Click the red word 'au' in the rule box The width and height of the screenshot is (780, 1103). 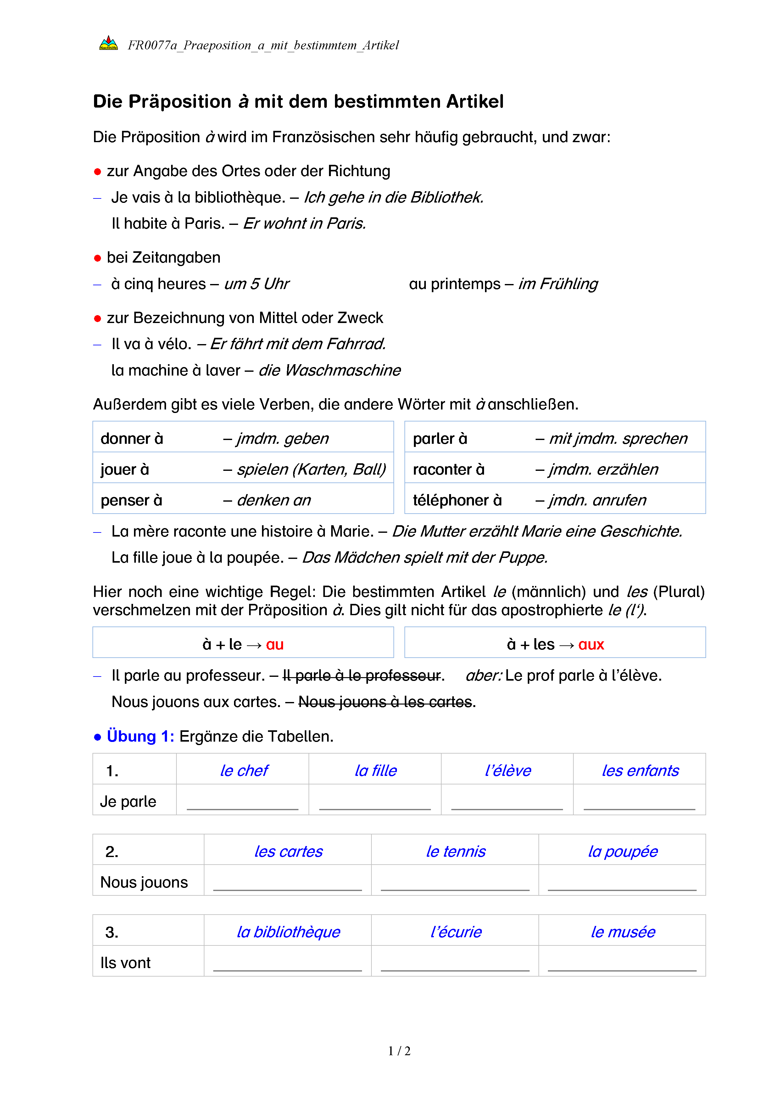pos(275,644)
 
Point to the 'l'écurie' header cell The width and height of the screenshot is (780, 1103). pos(455,932)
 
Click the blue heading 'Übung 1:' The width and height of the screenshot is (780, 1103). pos(140,736)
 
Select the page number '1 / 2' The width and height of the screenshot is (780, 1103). pos(399,1051)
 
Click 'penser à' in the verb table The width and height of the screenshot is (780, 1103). pos(131,500)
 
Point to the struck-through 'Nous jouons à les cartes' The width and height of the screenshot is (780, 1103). pos(385,702)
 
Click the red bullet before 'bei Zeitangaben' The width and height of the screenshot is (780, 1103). pos(97,258)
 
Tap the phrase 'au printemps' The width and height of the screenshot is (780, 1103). pos(454,284)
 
